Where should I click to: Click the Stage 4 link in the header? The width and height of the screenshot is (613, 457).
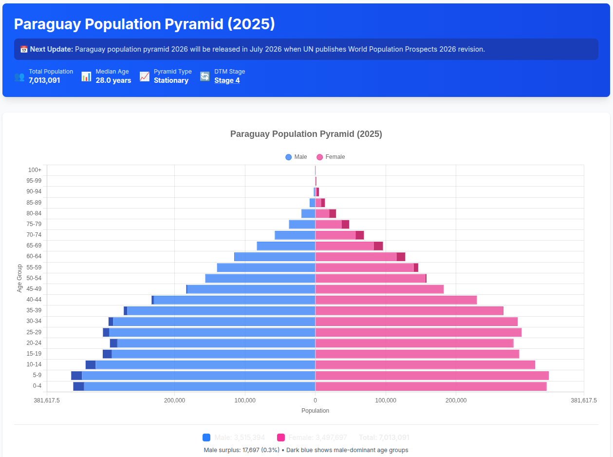[227, 80]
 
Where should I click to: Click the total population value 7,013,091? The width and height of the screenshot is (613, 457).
[44, 80]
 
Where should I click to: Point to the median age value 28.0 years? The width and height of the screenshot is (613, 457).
[113, 80]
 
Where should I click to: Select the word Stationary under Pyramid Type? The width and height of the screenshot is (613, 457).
[171, 80]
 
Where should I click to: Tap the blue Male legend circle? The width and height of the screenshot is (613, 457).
[289, 157]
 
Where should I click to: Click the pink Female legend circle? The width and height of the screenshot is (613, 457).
[320, 157]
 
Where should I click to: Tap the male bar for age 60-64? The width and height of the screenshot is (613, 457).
[275, 257]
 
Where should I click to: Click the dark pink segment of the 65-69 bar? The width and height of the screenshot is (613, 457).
[378, 246]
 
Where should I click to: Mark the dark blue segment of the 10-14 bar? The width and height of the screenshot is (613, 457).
[91, 365]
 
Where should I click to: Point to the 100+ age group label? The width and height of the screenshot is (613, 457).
[35, 170]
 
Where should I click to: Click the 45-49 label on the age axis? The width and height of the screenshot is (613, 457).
[34, 289]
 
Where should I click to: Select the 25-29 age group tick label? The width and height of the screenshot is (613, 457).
[34, 332]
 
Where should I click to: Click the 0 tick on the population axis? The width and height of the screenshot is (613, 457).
[315, 400]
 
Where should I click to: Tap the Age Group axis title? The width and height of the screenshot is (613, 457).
[20, 278]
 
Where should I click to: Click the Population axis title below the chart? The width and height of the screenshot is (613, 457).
[315, 411]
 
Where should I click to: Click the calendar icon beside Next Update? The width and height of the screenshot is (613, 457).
[24, 49]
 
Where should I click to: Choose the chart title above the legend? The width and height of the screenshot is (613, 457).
[306, 134]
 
